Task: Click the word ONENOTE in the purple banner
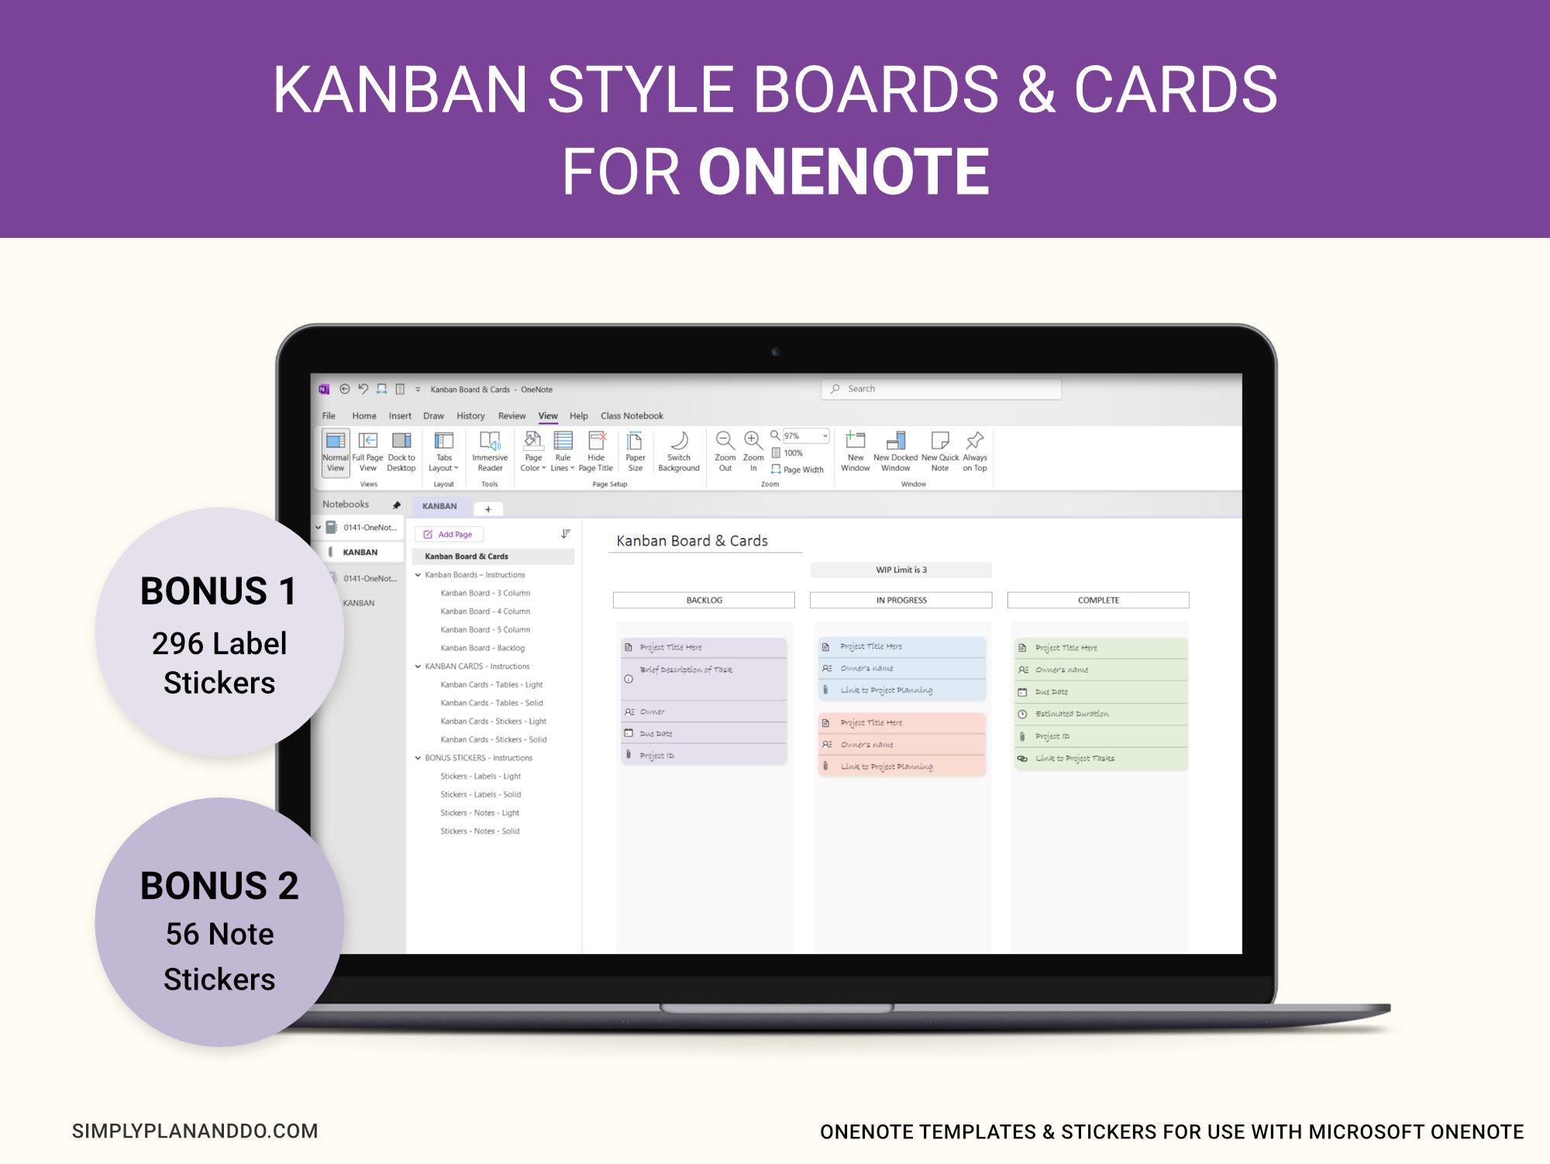point(843,172)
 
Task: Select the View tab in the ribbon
point(548,416)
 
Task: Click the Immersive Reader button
point(490,451)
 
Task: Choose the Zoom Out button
point(725,451)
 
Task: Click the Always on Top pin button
point(974,451)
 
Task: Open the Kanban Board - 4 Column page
point(485,611)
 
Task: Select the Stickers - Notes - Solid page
point(480,831)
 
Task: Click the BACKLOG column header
point(704,601)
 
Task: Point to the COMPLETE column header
point(1098,601)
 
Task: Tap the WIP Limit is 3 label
point(901,570)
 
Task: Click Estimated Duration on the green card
point(1072,714)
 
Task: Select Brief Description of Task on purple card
point(685,670)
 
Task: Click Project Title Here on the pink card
point(871,723)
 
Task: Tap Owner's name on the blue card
point(866,668)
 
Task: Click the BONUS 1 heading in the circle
point(219,591)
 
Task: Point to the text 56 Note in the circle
point(219,934)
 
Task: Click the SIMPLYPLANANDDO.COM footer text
point(195,1131)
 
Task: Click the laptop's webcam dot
point(775,352)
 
